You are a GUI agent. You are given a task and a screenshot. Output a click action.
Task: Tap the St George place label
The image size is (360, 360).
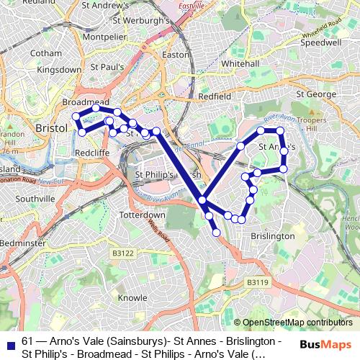click(312, 94)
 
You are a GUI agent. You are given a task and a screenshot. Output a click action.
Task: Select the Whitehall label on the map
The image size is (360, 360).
click(240, 64)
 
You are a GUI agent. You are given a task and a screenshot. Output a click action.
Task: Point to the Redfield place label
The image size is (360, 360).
click(215, 96)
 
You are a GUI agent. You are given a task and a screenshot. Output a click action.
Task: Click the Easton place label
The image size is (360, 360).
click(176, 54)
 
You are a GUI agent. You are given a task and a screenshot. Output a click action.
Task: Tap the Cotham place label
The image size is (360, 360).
click(45, 53)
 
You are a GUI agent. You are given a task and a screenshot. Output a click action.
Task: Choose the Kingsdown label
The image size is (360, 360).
click(59, 70)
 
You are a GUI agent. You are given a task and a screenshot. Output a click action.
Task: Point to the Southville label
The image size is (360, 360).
click(35, 199)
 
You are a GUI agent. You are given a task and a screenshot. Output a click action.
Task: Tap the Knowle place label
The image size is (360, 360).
click(132, 297)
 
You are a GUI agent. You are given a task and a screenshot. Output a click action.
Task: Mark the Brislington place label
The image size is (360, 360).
click(273, 236)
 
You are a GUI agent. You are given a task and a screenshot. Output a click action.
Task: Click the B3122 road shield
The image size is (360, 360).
click(123, 253)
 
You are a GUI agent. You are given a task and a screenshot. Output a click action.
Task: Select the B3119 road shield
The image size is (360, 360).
click(257, 282)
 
